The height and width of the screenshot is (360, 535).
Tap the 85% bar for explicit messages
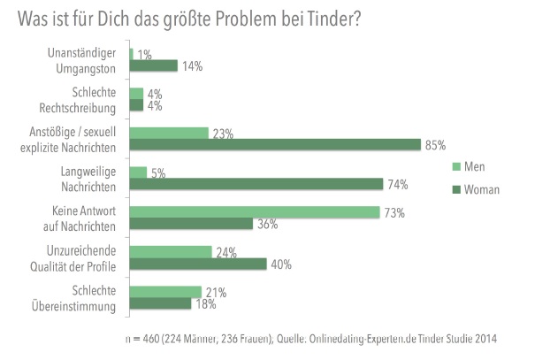pos(274,145)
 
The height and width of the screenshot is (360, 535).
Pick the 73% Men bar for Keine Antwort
pos(256,211)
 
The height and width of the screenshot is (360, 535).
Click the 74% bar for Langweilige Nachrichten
pos(256,185)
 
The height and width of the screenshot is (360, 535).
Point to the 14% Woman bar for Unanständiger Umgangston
pos(154,65)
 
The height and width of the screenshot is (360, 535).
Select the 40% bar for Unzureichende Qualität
pos(198,264)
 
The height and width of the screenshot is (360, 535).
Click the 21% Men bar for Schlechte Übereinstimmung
pos(165,291)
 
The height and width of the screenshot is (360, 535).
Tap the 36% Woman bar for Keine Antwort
pos(191,225)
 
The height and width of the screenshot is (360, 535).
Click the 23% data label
pos(221,134)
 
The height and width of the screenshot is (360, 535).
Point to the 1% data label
pos(143,55)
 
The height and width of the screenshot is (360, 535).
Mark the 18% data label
pos(205,305)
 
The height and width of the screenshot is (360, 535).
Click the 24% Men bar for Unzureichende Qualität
pos(171,251)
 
